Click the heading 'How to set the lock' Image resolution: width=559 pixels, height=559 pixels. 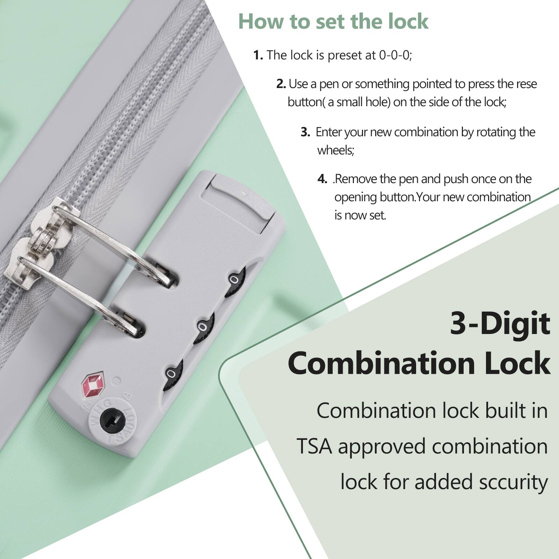pyautogui.click(x=333, y=22)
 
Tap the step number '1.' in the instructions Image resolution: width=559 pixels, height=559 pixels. pyautogui.click(x=258, y=55)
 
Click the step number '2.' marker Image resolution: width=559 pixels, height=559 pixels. pyautogui.click(x=281, y=84)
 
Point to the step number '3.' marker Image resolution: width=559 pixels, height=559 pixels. pyautogui.click(x=305, y=132)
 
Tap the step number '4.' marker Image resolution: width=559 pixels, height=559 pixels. pyautogui.click(x=322, y=179)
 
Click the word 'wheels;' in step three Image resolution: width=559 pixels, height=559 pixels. pyautogui.click(x=335, y=150)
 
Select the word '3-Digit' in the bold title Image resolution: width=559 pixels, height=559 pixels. pyautogui.click(x=500, y=324)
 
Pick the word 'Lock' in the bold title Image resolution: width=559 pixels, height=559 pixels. pyautogui.click(x=517, y=363)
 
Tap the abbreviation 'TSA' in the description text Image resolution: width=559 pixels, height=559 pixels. pyautogui.click(x=314, y=447)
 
